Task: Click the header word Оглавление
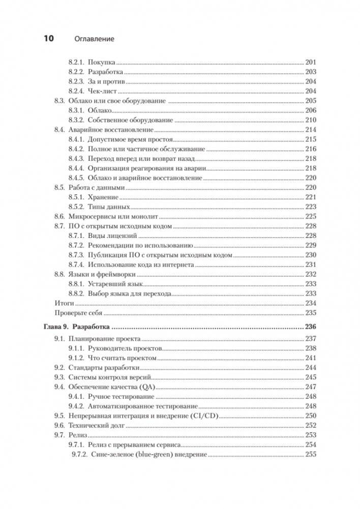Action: pos(94,39)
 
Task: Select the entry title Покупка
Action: pos(102,62)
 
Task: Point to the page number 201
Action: pos(310,62)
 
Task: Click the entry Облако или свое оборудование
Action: pos(117,101)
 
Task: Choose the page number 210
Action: pos(310,120)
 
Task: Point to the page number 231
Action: pos(310,265)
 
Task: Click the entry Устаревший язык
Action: pos(116,284)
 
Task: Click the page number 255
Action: pos(310,455)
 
